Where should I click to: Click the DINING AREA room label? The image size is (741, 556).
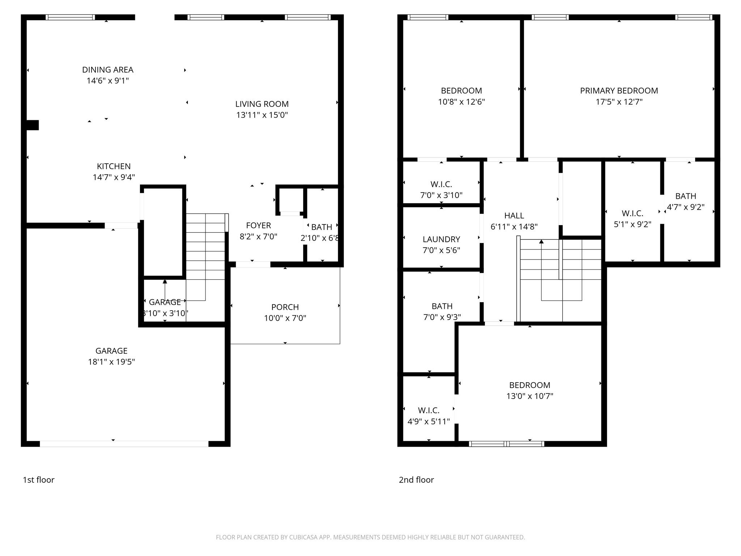tap(108, 70)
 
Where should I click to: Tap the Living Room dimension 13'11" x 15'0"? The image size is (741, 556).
tap(262, 115)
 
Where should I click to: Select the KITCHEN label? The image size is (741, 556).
tap(114, 167)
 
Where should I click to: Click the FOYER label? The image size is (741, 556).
tap(258, 226)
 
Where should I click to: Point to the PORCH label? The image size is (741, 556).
tap(285, 307)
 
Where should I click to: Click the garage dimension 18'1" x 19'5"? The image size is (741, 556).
tap(111, 362)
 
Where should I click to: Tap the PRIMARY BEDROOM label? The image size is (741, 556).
tap(619, 91)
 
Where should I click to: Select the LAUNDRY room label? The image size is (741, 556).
tap(441, 239)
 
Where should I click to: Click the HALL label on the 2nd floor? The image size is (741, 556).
tap(514, 216)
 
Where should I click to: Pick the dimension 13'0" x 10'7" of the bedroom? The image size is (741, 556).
tap(530, 396)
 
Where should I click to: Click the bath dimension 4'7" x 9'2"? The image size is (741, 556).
tap(686, 207)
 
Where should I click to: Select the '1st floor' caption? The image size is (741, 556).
tap(39, 480)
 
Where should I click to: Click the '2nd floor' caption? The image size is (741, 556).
tap(416, 480)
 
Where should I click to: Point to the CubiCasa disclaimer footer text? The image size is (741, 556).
tap(370, 538)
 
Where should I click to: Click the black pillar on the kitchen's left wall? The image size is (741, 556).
tap(33, 125)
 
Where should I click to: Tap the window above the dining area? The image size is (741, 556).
tap(71, 17)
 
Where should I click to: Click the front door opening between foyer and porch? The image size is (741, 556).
tap(253, 265)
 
